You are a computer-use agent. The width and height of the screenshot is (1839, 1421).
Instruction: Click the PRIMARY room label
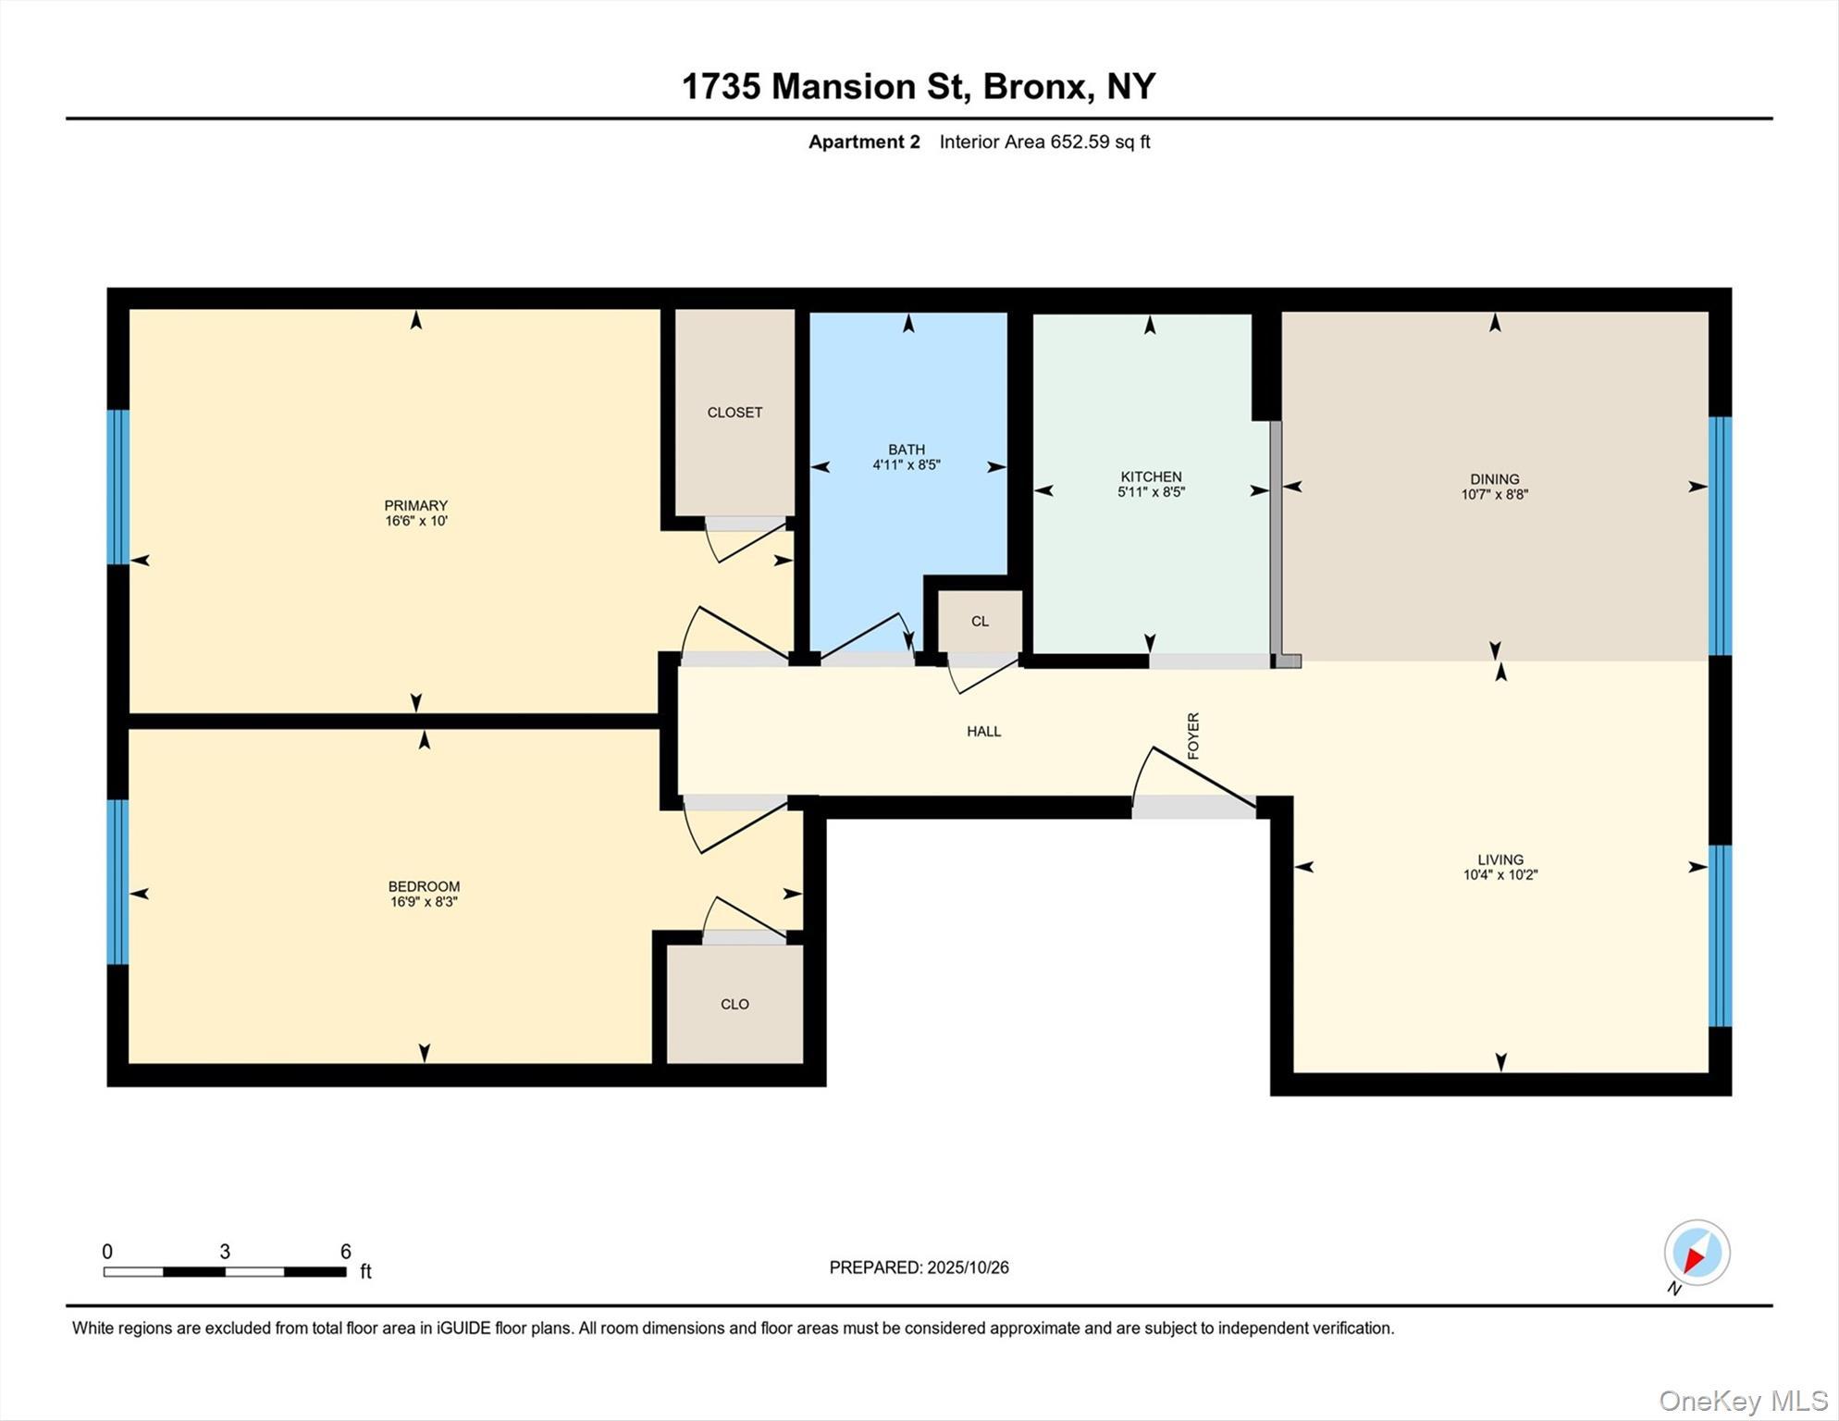415,505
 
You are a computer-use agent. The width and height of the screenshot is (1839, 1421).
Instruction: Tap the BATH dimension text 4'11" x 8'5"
906,465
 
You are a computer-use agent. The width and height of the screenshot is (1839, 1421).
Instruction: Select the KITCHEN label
1151,476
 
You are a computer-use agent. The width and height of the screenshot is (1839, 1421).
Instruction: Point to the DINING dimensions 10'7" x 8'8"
1494,495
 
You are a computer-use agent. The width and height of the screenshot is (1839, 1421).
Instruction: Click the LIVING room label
1500,859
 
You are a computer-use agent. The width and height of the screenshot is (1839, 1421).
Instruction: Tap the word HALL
983,732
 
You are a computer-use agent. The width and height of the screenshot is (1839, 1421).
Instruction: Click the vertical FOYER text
1193,735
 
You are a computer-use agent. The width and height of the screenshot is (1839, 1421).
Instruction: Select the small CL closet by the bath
980,622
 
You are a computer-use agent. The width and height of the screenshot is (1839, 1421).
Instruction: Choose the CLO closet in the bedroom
734,1004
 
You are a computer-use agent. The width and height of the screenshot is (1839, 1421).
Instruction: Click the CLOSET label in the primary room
734,413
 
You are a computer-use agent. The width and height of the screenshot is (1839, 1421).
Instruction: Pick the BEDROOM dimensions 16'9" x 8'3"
424,902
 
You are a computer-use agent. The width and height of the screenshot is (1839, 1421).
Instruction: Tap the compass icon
1697,1254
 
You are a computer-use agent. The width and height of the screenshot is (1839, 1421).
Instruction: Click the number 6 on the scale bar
345,1252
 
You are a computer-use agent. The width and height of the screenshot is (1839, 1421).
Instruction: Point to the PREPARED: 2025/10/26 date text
919,1267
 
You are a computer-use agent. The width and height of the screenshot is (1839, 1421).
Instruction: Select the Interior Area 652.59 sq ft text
1044,142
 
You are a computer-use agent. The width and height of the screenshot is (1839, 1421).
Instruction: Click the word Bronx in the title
1033,86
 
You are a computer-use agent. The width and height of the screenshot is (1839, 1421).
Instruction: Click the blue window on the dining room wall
1719,537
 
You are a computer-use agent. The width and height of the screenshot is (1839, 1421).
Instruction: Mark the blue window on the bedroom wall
117,882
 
